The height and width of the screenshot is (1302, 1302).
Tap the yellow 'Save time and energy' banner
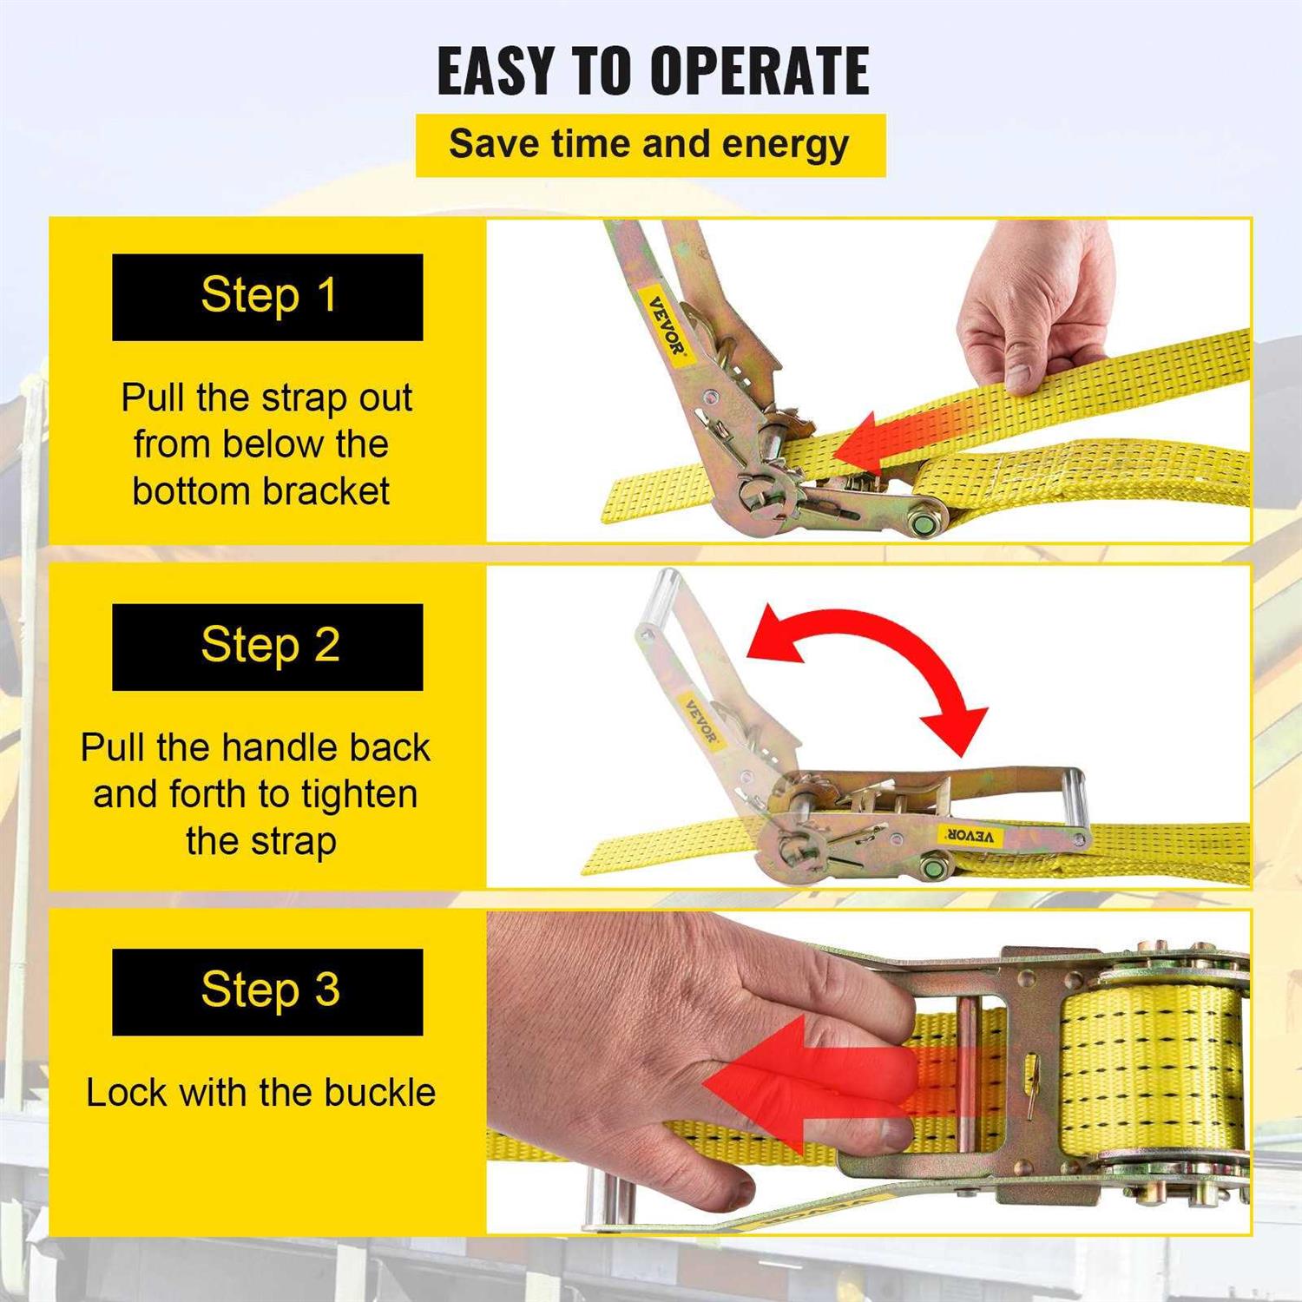tap(649, 145)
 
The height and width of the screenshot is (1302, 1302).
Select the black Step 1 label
tap(267, 297)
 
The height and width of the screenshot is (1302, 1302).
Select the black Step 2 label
tap(267, 647)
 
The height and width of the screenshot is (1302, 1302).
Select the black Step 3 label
tap(267, 991)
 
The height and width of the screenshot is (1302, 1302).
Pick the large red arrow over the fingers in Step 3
tap(799, 1085)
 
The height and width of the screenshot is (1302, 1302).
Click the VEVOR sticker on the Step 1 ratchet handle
tap(667, 326)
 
